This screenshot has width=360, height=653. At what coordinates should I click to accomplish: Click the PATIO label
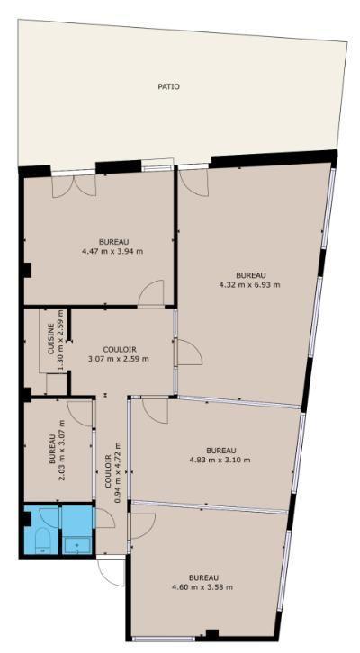click(x=169, y=87)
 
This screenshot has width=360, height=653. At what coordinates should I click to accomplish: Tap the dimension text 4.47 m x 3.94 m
click(x=113, y=251)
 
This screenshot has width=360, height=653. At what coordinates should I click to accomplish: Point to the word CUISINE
click(x=51, y=339)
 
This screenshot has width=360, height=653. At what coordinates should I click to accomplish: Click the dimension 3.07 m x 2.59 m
click(x=119, y=359)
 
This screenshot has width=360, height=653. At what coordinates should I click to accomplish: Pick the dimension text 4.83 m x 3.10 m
click(x=220, y=461)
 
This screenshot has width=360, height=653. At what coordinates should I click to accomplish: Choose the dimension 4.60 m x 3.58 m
click(x=202, y=587)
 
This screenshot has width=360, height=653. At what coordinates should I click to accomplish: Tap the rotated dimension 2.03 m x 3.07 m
click(x=62, y=449)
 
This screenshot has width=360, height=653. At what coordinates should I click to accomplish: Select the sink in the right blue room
click(x=77, y=546)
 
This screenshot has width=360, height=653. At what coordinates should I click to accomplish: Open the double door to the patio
click(x=74, y=186)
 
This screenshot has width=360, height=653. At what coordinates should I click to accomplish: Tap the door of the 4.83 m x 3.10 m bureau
click(x=156, y=411)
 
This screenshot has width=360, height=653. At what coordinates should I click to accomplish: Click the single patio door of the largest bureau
click(x=193, y=183)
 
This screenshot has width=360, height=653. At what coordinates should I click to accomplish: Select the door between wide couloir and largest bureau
click(x=190, y=353)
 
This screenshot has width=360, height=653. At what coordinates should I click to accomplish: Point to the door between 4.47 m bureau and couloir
click(x=151, y=293)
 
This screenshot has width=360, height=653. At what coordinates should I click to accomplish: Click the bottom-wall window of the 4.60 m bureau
click(x=163, y=639)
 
